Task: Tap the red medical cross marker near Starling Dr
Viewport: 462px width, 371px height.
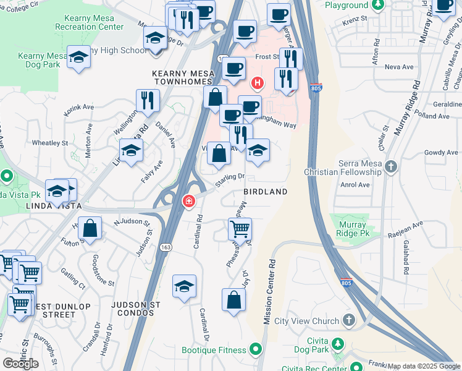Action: pos(189,201)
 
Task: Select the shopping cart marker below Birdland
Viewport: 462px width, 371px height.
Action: pos(240,229)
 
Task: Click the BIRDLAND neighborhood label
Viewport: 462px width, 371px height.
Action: pos(265,192)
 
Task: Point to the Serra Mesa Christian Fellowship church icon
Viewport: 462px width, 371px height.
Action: pos(390,166)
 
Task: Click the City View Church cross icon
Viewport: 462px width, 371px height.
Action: pos(348,320)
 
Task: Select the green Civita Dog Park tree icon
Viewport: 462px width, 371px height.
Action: pos(337,344)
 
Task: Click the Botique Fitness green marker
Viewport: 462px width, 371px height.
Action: pos(256,350)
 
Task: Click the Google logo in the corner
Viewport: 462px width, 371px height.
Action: pos(20,363)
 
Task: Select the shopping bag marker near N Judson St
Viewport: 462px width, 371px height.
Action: pos(90,228)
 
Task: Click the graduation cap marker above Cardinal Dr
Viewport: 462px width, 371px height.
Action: pos(184,286)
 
